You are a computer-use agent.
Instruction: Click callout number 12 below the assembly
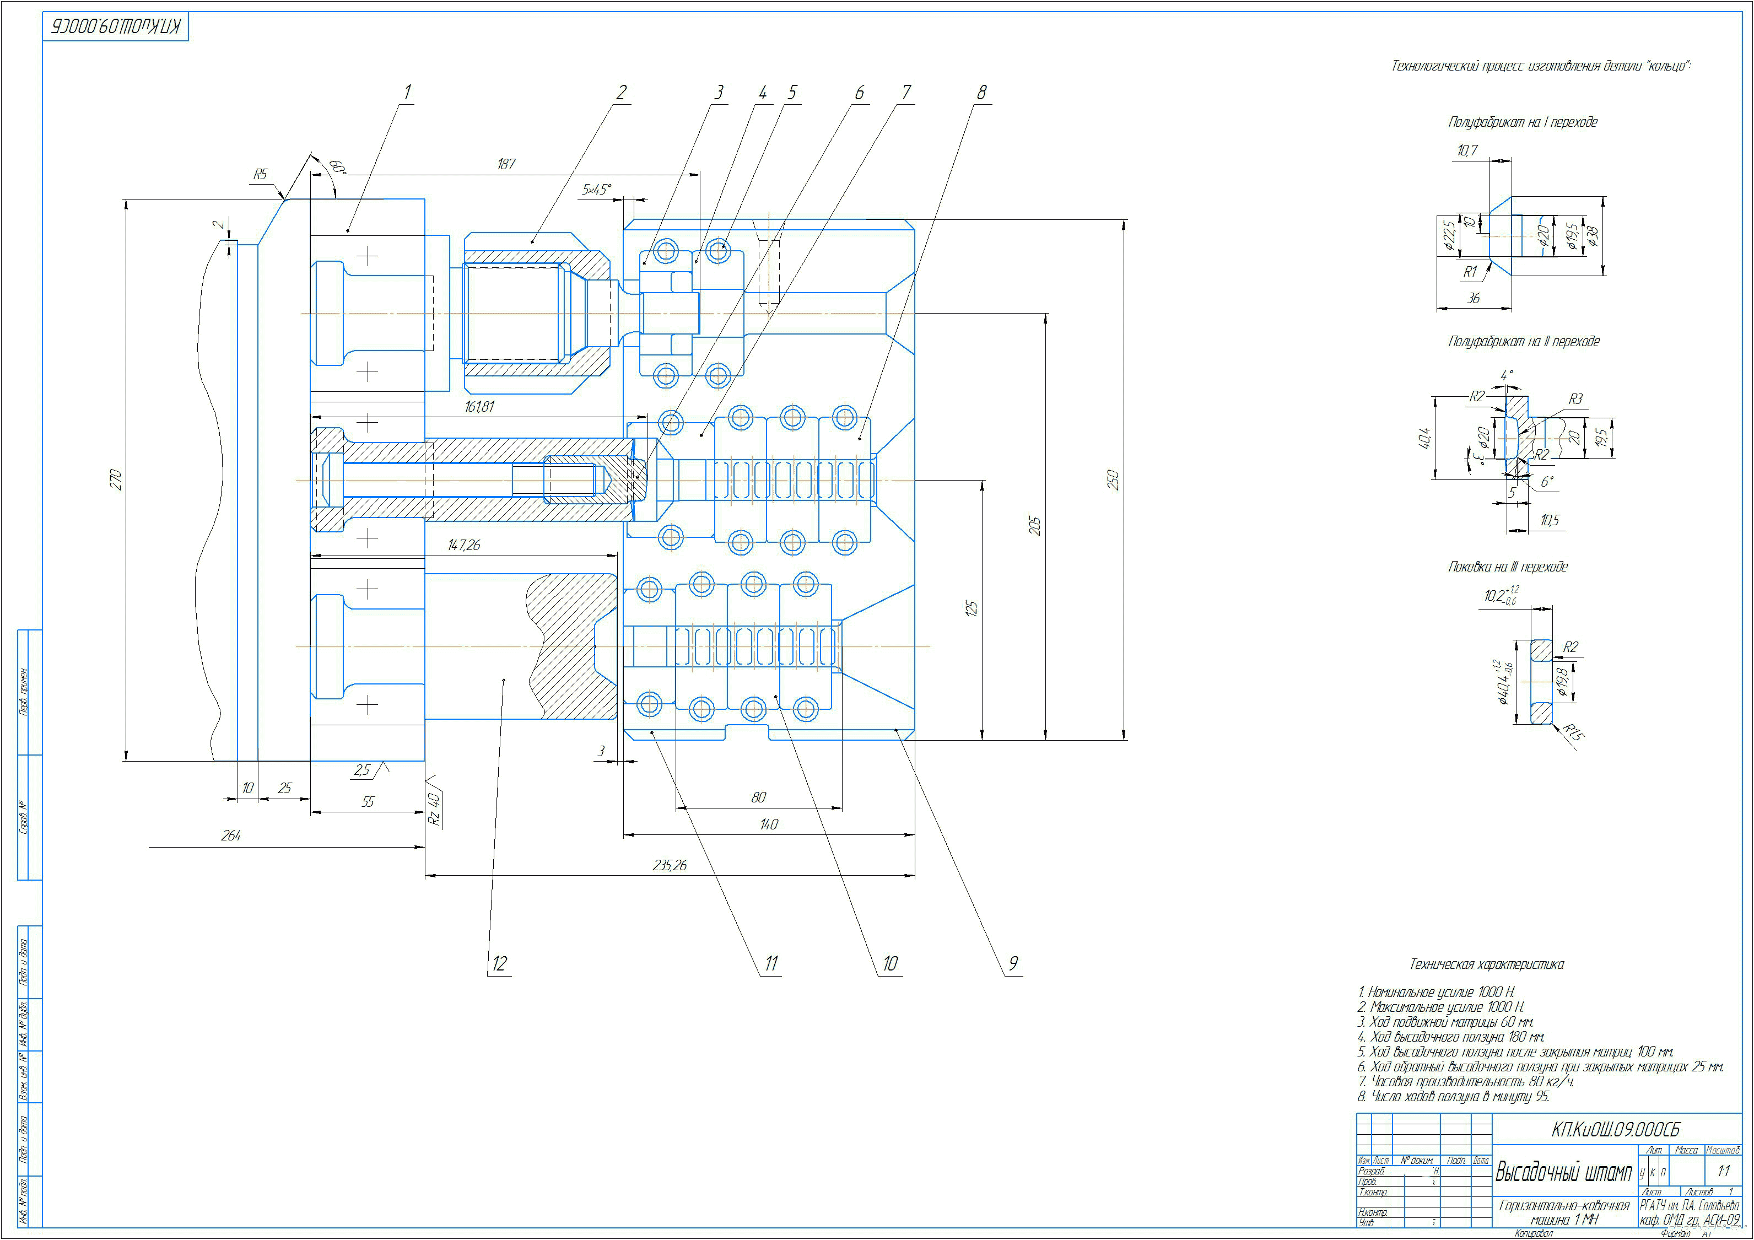499,963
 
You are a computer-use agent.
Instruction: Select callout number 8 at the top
981,93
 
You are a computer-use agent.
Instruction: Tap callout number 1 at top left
407,93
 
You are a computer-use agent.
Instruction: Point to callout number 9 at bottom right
1013,963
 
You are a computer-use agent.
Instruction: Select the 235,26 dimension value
669,865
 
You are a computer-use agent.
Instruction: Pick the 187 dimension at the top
506,164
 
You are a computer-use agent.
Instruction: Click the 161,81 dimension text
479,407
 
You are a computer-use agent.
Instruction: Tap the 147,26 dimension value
463,544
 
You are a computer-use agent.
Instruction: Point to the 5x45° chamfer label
597,188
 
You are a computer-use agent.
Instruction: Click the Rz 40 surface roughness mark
434,808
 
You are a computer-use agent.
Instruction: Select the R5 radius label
261,174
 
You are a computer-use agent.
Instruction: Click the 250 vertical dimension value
1112,480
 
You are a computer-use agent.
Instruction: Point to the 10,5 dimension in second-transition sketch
1549,520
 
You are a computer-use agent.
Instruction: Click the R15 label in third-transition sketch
1573,732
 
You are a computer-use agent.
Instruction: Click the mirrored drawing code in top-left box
115,28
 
